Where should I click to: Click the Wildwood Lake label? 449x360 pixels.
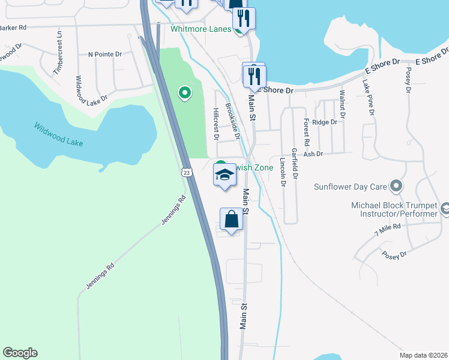58,135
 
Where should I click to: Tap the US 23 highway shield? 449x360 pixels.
187,173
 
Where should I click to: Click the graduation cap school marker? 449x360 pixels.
225,176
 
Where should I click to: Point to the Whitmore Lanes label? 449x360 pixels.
200,29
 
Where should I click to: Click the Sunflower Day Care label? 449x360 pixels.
350,187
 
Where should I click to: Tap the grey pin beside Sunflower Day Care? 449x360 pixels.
396,187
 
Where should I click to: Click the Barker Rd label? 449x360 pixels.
13,28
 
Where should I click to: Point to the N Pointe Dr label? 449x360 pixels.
104,54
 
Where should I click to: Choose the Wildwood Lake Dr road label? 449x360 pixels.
91,88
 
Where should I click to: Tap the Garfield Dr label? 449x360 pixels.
294,163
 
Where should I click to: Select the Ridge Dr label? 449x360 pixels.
325,122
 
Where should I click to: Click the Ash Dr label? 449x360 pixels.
313,154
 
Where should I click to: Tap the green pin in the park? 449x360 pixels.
185,92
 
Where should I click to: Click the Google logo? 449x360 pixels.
20,353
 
